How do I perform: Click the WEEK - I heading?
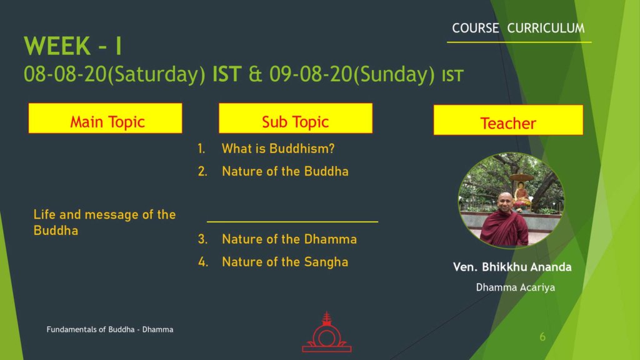pos(72,46)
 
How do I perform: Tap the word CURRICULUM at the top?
pos(546,28)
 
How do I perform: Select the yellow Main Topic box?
pos(105,118)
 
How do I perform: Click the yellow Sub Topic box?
pos(296,118)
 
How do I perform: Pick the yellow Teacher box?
pos(508,120)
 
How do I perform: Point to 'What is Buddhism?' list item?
pos(278,149)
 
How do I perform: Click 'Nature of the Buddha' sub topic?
pos(285,171)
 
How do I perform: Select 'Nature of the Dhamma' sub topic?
pos(289,239)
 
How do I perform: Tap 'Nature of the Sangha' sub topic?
pos(285,262)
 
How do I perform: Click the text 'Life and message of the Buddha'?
pos(104,222)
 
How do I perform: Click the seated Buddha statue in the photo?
pos(521,195)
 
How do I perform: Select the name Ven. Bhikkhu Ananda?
pos(512,267)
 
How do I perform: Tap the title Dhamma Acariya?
pos(516,287)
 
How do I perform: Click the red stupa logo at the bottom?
pos(326,332)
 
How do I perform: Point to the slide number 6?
pos(542,337)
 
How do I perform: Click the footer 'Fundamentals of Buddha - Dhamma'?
pos(110,329)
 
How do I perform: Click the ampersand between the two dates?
pos(255,74)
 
